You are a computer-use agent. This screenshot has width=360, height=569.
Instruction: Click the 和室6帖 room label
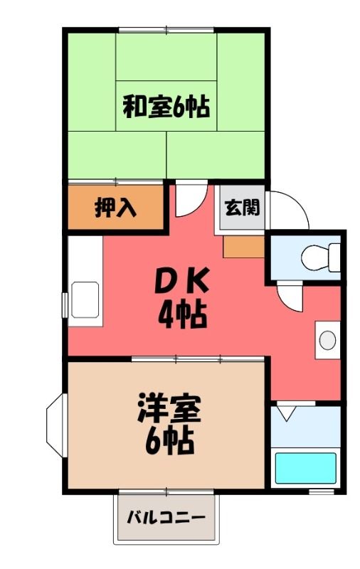tap(166, 106)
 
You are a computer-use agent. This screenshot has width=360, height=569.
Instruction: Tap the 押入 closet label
tap(115, 208)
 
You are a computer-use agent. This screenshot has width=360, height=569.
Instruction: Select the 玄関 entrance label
tap(243, 208)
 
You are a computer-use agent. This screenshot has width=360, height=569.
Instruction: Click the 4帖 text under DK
tap(182, 314)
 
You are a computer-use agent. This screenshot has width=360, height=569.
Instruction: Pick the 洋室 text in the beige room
tap(169, 408)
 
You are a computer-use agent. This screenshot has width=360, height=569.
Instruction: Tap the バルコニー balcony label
tap(166, 516)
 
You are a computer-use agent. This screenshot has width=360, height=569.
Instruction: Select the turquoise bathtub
tap(305, 468)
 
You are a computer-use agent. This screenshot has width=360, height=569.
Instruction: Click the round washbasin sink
tap(327, 341)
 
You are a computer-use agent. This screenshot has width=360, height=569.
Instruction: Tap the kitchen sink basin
tap(85, 300)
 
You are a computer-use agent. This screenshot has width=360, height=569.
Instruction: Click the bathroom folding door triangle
tap(286, 413)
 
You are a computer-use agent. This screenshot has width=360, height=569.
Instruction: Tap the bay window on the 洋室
tap(55, 425)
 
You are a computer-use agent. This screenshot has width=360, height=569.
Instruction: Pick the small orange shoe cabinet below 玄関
tap(243, 247)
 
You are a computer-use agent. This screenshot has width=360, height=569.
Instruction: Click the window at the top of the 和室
tap(166, 30)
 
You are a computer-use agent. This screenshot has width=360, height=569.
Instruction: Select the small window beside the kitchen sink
tap(65, 305)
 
